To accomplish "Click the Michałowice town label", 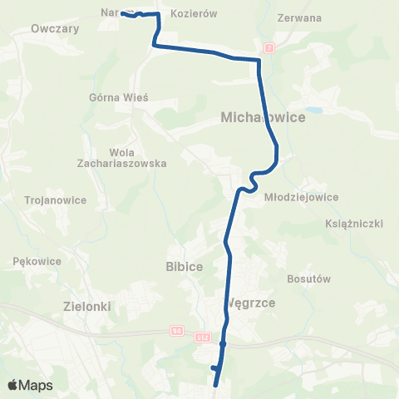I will tap(264, 118).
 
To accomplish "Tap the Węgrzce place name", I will tap(251, 303).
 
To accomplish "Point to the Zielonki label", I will tap(87, 306).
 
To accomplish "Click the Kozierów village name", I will tap(193, 14).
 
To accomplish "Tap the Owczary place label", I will tap(54, 27).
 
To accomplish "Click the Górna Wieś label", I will tap(118, 96).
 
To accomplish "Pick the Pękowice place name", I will tap(38, 260).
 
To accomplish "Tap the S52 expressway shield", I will tap(204, 337).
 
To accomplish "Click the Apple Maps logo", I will tap(30, 385).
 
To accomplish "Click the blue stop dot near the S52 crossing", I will tap(224, 342).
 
